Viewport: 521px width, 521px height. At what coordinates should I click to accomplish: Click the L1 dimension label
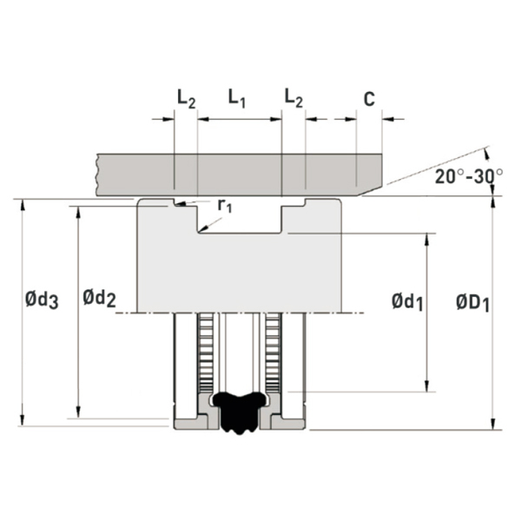[x=236, y=99]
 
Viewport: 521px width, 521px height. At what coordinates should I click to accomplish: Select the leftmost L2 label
[x=187, y=99]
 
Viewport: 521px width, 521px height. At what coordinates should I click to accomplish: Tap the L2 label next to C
[x=294, y=98]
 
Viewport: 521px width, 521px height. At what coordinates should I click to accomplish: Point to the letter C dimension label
[x=370, y=99]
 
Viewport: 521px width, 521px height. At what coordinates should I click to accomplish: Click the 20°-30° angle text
[x=469, y=176]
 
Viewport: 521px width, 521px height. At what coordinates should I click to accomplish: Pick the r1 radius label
[x=225, y=206]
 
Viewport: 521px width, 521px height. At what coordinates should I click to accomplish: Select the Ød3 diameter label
[x=42, y=300]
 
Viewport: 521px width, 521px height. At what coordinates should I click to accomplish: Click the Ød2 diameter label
[x=100, y=298]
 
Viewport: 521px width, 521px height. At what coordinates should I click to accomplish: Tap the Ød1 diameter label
[x=407, y=302]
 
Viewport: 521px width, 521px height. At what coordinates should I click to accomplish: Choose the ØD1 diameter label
[x=473, y=303]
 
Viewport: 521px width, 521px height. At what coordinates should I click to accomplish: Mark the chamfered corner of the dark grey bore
[x=370, y=191]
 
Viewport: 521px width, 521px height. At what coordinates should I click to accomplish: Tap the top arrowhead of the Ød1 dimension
[x=427, y=239]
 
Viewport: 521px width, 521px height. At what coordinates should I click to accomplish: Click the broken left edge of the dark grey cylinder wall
[x=97, y=175]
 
